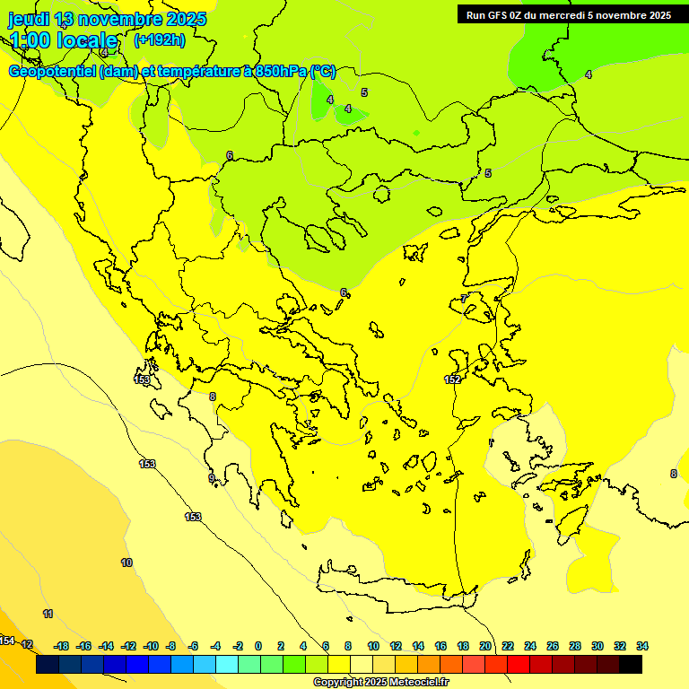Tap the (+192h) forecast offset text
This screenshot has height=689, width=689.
coord(159,39)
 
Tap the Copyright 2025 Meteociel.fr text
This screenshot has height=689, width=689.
coord(380,682)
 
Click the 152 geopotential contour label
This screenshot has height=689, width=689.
coord(453,379)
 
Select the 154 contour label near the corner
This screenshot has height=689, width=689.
coord(7,641)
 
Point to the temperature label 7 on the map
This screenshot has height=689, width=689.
coord(464,299)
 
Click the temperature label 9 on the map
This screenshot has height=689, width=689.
coord(212,478)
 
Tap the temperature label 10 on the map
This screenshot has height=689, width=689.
coord(126,563)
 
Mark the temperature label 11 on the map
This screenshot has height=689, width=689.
coord(48,614)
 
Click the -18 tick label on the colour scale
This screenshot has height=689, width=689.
coord(61,646)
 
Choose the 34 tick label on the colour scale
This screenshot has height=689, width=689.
coord(642,646)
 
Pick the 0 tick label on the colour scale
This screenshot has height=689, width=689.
coord(258,646)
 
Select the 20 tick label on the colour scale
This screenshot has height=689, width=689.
coord(485,646)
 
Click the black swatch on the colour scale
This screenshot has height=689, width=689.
coord(631,665)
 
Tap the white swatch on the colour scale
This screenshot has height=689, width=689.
coord(362,665)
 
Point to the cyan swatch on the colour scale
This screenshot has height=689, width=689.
coord(227,665)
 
